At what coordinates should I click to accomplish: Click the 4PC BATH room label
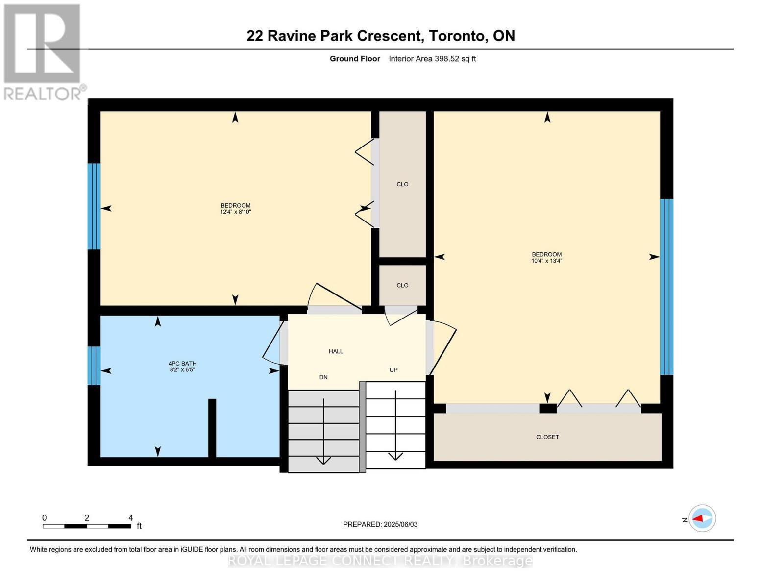(182, 364)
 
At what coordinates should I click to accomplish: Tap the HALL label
(336, 351)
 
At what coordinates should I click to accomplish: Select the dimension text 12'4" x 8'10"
(236, 212)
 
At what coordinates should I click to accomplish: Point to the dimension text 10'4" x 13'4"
(546, 261)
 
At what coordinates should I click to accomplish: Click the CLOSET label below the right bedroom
(547, 437)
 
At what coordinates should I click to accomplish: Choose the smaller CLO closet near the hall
(402, 285)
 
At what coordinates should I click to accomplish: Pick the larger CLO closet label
(402, 184)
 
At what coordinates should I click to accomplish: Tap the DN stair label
(323, 377)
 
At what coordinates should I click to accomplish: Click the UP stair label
(393, 370)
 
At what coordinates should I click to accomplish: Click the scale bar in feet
(87, 526)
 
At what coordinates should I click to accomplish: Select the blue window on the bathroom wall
(94, 366)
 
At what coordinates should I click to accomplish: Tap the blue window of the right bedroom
(666, 287)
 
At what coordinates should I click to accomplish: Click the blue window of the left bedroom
(94, 206)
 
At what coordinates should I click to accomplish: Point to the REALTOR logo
(43, 51)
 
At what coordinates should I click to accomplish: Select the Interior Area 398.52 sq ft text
(432, 59)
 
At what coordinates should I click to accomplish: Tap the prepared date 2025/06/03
(400, 524)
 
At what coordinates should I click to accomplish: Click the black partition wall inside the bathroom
(212, 428)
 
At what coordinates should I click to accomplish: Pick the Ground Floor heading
(355, 59)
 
